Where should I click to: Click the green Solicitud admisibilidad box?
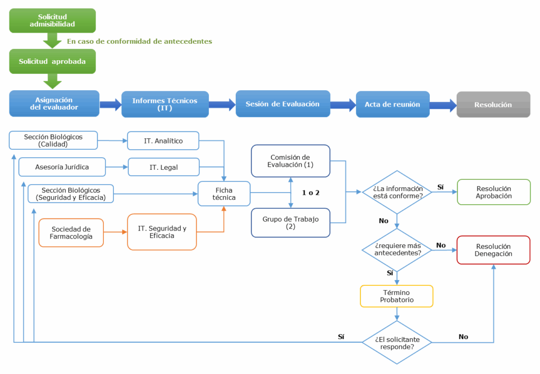53,21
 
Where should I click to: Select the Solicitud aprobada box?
53,61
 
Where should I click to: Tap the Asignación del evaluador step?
54,103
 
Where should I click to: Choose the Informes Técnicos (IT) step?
165,104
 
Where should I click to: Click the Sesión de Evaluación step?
283,104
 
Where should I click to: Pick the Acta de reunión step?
392,104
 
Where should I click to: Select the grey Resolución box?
493,104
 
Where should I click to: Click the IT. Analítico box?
163,141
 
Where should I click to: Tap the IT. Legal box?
163,167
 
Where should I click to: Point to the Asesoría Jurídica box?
62,167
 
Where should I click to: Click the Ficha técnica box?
224,194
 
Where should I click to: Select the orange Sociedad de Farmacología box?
71,233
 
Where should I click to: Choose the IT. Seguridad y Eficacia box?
162,232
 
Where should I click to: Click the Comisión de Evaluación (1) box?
291,161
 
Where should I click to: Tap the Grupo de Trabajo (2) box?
291,223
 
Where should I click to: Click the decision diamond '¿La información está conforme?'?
397,193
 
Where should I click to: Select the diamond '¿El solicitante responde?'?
397,342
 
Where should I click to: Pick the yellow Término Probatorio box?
397,296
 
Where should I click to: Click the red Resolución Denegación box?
494,250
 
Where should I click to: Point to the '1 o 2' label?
311,193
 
